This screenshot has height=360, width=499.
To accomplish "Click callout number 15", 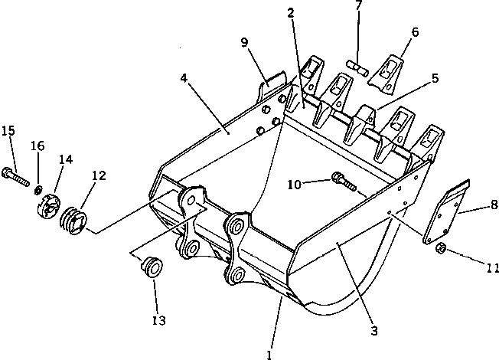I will [8, 130].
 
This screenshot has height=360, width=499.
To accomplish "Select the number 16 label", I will [38, 146].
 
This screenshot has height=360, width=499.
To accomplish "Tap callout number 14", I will [66, 159].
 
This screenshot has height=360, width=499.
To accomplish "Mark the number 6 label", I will [415, 32].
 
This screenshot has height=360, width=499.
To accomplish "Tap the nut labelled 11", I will [441, 249].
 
